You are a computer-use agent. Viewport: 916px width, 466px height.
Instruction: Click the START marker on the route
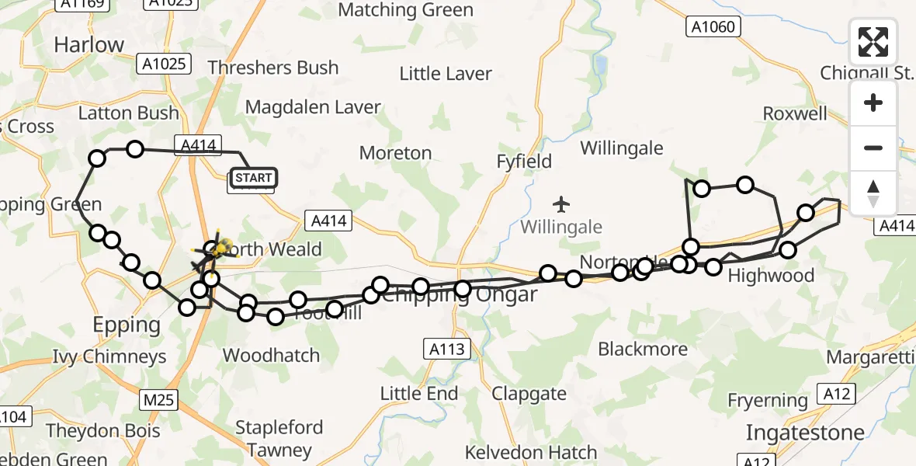click(253, 179)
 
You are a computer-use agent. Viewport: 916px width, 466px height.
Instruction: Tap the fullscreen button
click(873, 42)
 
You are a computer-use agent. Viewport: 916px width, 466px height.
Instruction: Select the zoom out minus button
click(873, 148)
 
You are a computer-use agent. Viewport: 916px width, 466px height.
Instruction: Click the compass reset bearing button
click(873, 193)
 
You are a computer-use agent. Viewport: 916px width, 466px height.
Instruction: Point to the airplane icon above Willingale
click(561, 204)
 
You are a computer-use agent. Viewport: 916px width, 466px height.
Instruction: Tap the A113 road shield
click(448, 349)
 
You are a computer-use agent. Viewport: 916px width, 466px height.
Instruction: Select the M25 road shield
click(160, 401)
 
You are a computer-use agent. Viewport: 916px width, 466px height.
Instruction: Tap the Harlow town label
click(89, 45)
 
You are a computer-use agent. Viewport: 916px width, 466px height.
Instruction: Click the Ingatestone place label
click(805, 433)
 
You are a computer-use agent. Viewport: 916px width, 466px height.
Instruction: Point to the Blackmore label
click(643, 349)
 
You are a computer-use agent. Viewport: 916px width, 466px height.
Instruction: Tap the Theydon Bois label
click(102, 431)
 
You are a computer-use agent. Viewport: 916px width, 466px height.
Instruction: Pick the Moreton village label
click(395, 153)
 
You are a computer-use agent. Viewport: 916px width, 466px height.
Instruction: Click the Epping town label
click(127, 325)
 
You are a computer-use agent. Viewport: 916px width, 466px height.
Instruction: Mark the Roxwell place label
click(795, 113)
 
